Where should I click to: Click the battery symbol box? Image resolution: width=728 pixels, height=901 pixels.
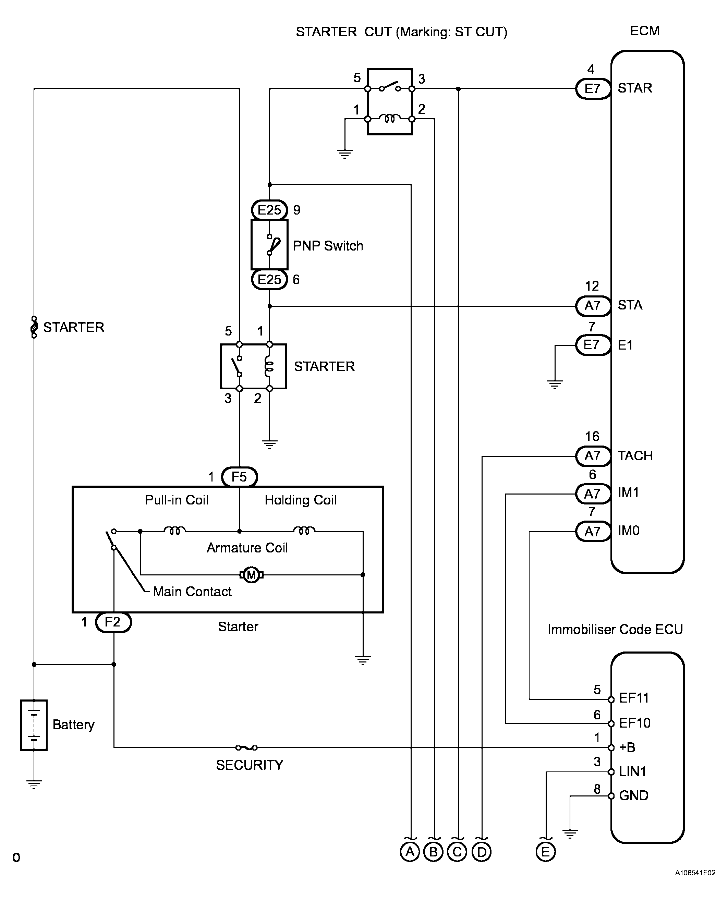tap(34, 725)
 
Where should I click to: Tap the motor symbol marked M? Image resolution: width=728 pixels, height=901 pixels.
tap(251, 575)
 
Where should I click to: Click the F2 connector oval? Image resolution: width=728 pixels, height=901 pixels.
tap(113, 622)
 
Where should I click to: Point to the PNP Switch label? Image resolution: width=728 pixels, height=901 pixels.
tap(328, 246)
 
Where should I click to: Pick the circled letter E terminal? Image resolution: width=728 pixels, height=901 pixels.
tap(546, 852)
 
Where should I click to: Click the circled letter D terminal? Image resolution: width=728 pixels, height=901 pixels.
tap(482, 852)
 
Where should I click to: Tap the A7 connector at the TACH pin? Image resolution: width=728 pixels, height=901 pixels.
tap(593, 456)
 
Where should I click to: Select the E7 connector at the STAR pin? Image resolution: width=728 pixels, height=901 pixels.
tap(593, 88)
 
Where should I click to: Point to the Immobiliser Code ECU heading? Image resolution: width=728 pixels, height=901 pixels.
tap(615, 629)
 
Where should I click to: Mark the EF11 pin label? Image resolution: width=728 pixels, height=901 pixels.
tap(634, 698)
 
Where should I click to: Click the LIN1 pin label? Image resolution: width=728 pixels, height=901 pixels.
tap(632, 771)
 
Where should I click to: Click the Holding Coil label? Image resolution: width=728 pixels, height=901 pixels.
tap(300, 500)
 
